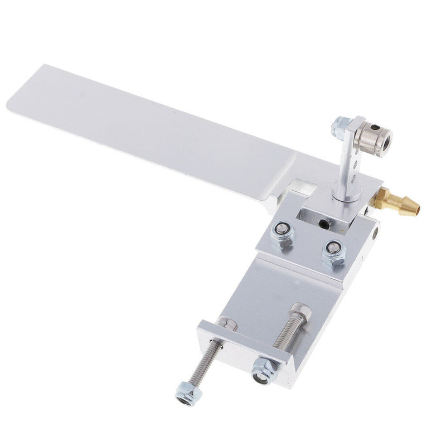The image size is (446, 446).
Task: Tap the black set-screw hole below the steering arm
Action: (x=322, y=224)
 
